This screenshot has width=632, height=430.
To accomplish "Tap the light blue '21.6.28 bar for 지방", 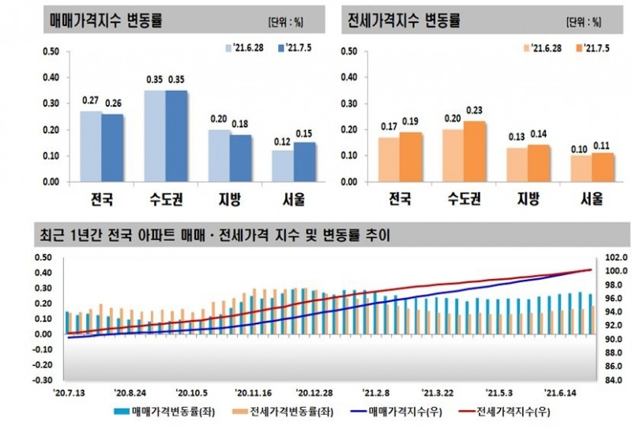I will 219,156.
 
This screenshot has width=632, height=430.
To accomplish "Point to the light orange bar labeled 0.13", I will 516,164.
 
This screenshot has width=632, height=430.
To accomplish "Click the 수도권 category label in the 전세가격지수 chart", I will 463,199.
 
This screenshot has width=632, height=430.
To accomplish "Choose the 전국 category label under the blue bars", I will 101,199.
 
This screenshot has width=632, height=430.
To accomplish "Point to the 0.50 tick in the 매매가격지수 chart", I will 51,52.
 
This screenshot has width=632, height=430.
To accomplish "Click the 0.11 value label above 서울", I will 602,145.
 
